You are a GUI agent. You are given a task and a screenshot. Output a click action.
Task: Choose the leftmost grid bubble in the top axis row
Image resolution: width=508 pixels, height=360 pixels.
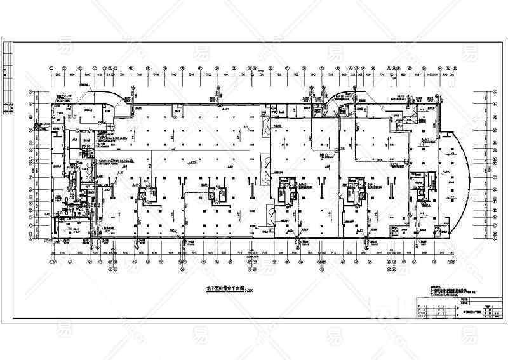[x=51, y=67]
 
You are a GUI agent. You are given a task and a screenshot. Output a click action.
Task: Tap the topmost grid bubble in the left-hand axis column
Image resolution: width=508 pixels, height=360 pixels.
[x=29, y=93]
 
